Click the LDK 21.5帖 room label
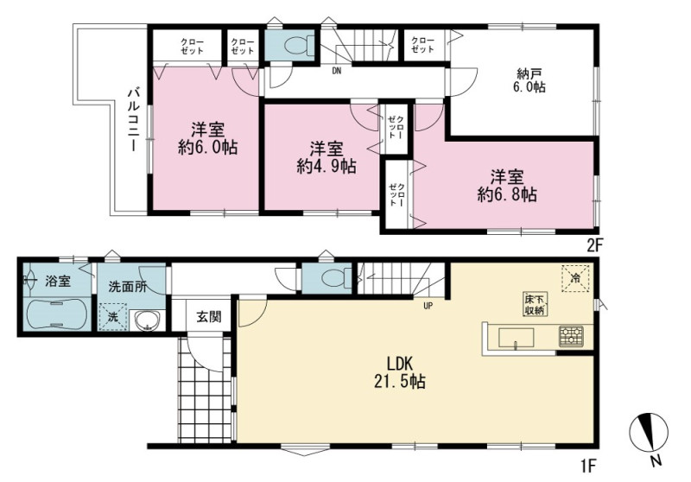400,372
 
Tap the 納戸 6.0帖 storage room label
529,79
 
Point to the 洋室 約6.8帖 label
507,186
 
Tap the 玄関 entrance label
208,317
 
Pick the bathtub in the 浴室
55,314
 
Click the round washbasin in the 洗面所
147,321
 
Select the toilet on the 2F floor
296,45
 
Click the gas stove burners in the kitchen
571,336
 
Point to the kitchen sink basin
516,339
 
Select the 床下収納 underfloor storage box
536,304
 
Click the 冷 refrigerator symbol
575,277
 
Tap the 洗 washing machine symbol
113,317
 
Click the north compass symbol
650,433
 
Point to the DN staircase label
336,71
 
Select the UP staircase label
428,306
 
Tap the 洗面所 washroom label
128,287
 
